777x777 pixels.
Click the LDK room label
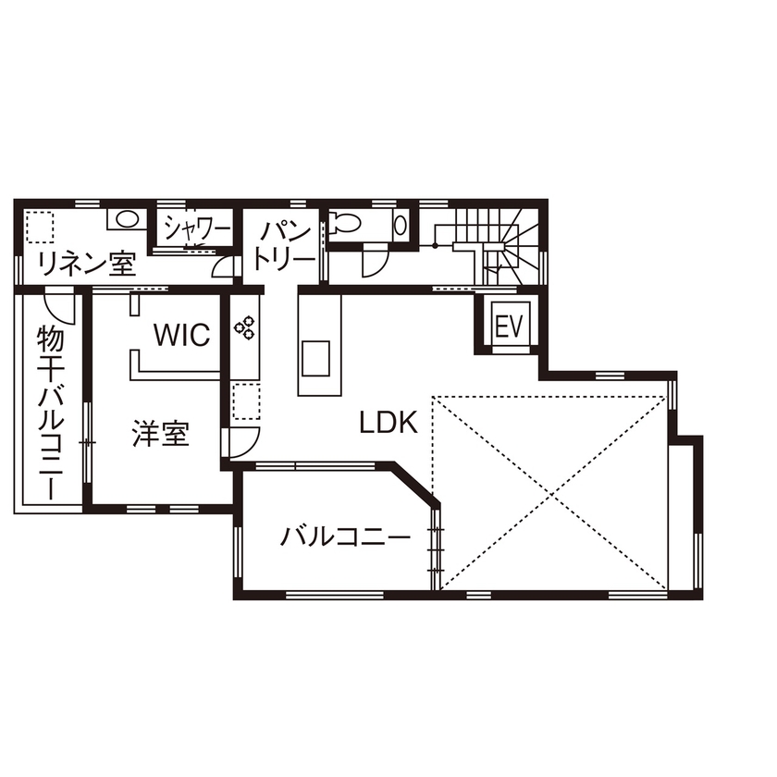(x=388, y=423)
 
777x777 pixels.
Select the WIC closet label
(x=182, y=335)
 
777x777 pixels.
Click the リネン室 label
(x=86, y=265)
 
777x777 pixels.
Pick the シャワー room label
(x=197, y=228)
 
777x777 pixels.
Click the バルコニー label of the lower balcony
(x=346, y=536)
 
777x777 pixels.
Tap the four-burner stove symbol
(x=245, y=325)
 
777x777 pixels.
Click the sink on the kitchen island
(x=315, y=357)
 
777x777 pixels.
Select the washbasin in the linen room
(x=126, y=220)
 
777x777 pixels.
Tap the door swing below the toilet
(x=374, y=262)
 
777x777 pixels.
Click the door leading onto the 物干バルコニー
(x=57, y=304)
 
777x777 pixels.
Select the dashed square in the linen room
(x=40, y=227)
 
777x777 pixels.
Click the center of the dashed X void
(x=550, y=493)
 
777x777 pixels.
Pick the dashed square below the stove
(x=245, y=402)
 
